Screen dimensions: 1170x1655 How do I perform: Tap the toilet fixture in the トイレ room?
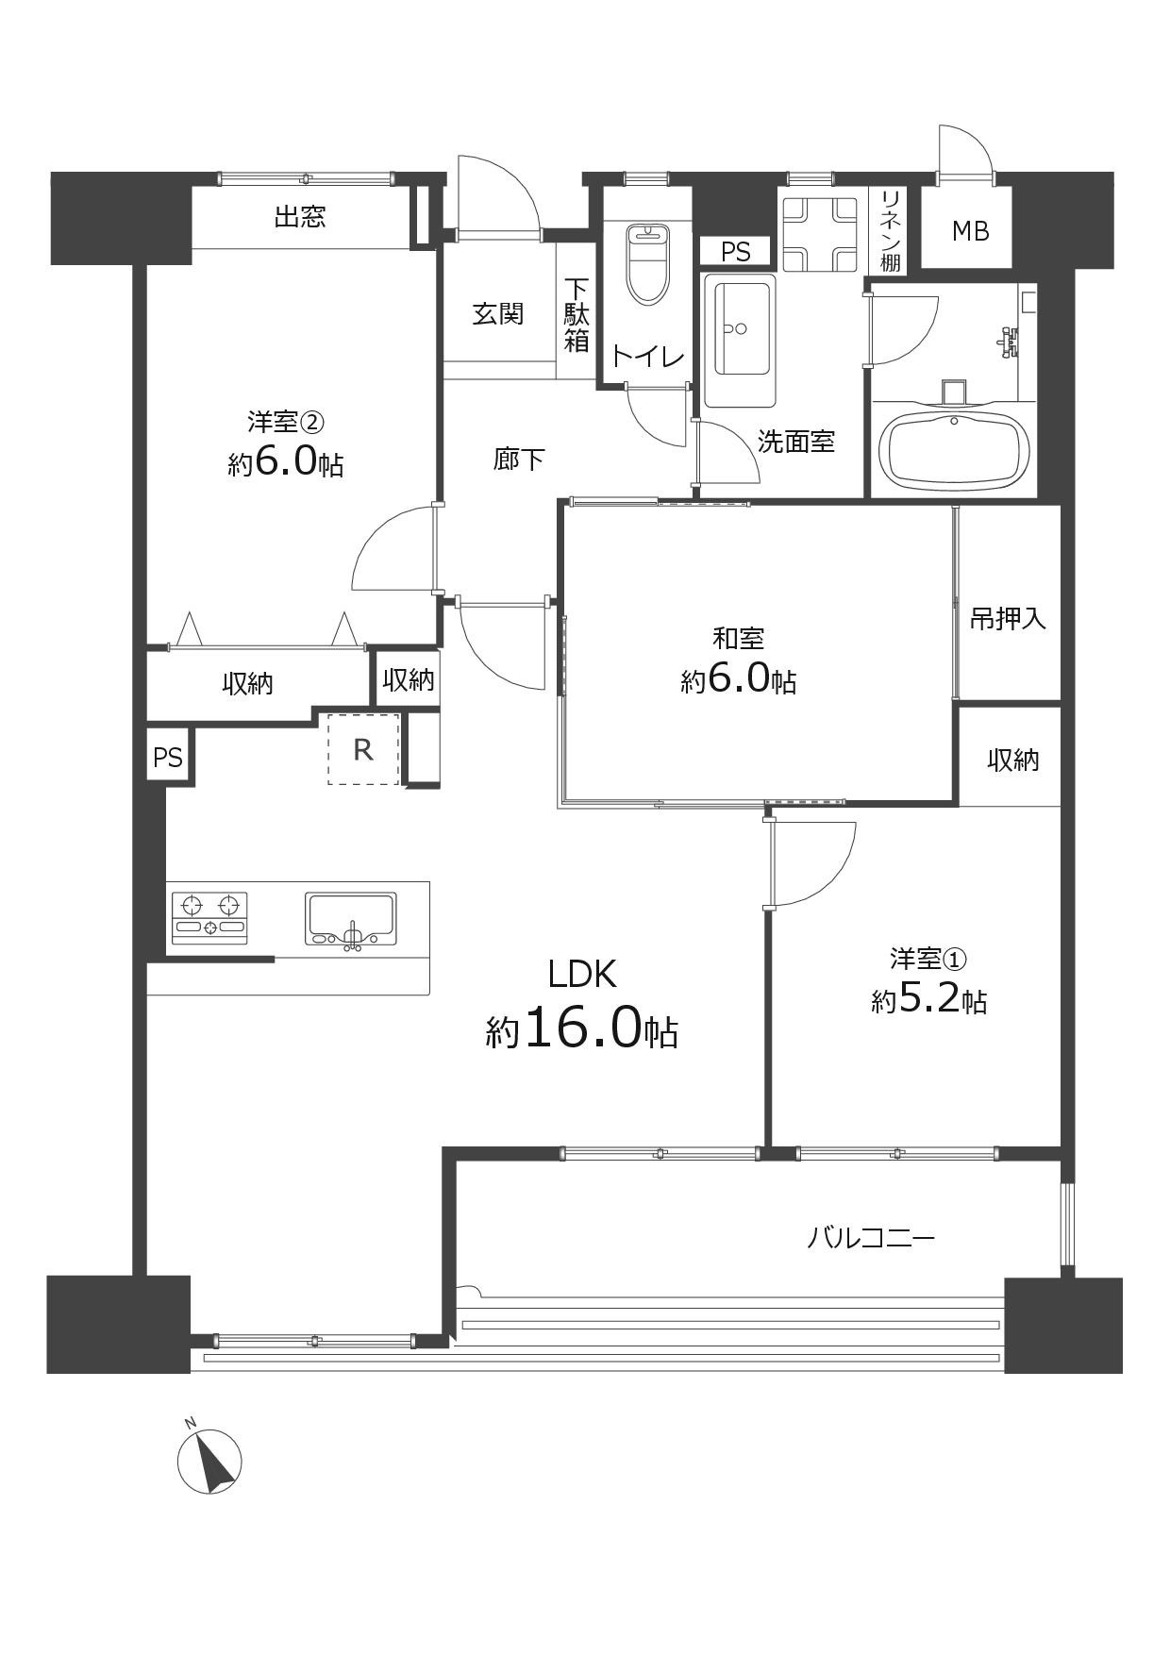pyautogui.click(x=646, y=263)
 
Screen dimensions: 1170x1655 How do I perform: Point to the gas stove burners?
pyautogui.click(x=209, y=917)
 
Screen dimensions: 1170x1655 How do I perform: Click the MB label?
pyautogui.click(x=969, y=230)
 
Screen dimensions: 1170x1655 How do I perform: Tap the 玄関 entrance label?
pyautogui.click(x=497, y=312)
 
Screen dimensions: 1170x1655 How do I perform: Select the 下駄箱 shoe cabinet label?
pyautogui.click(x=577, y=315)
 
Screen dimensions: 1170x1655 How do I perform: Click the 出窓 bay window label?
pyautogui.click(x=300, y=217)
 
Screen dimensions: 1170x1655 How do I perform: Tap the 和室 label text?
pyautogui.click(x=738, y=639)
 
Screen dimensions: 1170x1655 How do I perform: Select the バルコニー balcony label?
pyautogui.click(x=871, y=1237)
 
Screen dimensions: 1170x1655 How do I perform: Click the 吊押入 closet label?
pyautogui.click(x=1009, y=619)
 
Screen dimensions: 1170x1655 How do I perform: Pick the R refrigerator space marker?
pyautogui.click(x=363, y=749)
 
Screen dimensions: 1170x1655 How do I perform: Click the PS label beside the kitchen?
pyautogui.click(x=168, y=757)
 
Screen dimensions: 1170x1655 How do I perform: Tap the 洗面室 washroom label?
pyautogui.click(x=796, y=442)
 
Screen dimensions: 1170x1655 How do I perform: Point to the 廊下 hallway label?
pyautogui.click(x=519, y=460)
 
